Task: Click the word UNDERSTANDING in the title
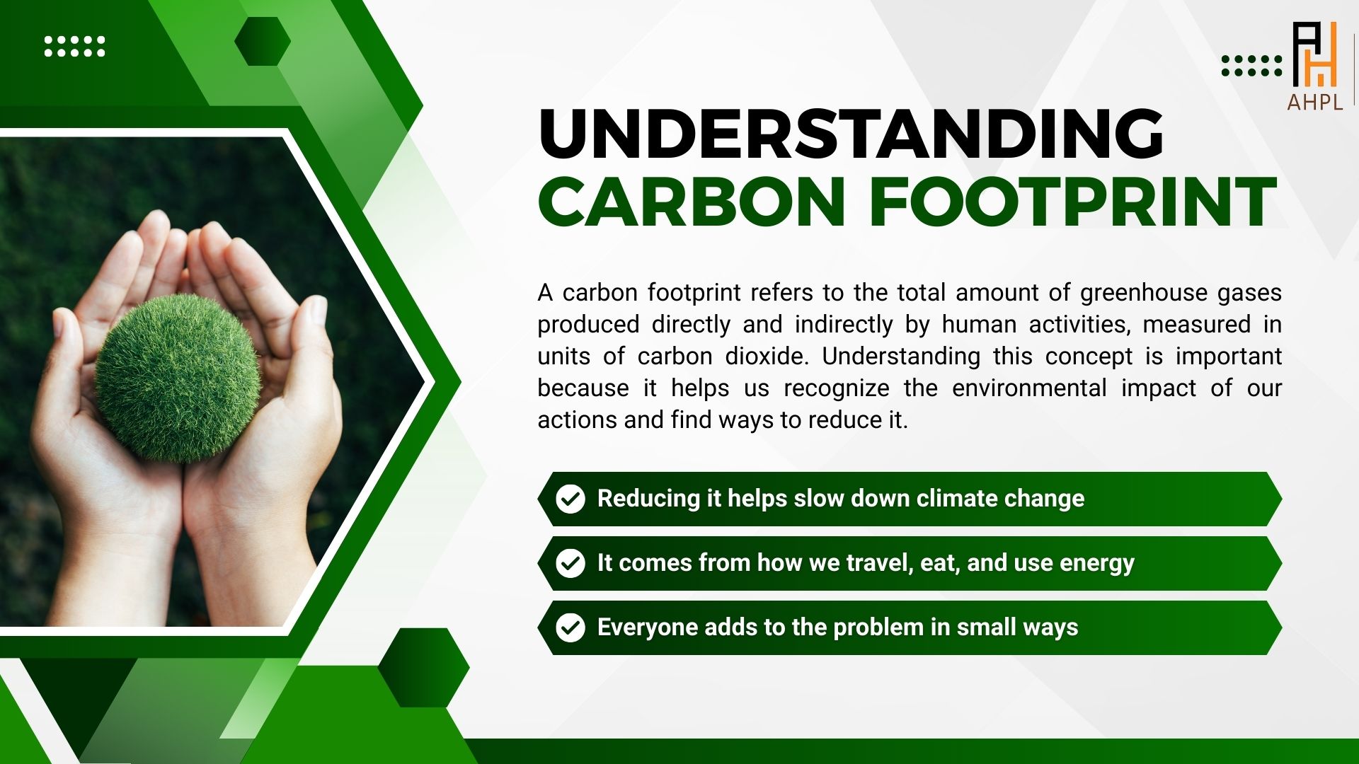pos(851,134)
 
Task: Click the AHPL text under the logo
pos(1315,102)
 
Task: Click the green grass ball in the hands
pos(178,378)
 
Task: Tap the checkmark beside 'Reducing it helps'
pos(570,499)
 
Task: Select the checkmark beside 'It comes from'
pos(570,563)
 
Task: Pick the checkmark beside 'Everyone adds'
pos(570,627)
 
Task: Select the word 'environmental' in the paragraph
pos(1029,388)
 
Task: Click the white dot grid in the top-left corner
pos(74,47)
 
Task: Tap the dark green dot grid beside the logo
pos(1251,66)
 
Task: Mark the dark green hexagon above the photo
pos(263,41)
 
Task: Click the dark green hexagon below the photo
pos(423,667)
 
